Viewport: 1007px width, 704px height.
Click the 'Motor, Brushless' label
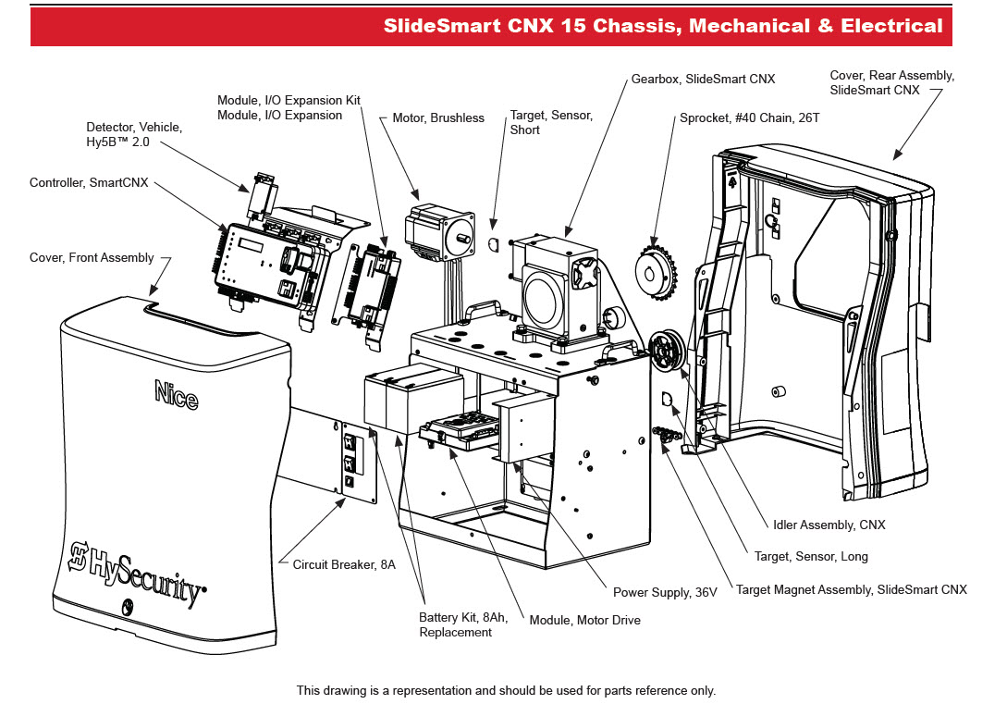pos(438,117)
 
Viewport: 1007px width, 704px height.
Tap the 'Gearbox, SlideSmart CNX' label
pos(704,80)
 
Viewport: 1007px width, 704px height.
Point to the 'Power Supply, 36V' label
pos(665,592)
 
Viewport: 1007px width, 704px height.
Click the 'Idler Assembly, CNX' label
pos(829,525)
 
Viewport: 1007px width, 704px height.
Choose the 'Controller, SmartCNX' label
pos(89,183)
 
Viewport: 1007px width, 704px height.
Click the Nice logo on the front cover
pos(176,395)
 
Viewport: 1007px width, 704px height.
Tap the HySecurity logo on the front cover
pos(139,574)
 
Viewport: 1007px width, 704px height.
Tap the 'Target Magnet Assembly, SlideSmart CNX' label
pos(851,589)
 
